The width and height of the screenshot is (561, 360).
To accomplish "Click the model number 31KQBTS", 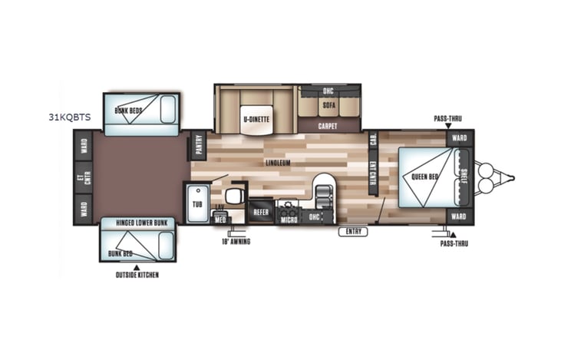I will point(69,117).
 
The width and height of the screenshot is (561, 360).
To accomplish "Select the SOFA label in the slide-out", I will point(329,104).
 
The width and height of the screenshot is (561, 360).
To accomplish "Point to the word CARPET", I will point(329,124).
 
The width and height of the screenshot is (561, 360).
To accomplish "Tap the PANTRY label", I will point(199,144).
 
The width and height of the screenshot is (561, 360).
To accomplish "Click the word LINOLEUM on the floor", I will point(278,163).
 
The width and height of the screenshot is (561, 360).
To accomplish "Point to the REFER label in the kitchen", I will point(260,210).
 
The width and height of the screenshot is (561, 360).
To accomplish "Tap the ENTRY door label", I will point(353,230).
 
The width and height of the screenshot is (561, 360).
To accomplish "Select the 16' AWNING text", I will point(236,241).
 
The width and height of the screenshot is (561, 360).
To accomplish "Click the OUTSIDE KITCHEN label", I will point(137,275).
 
